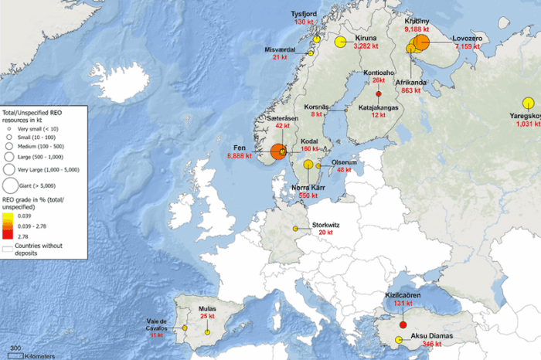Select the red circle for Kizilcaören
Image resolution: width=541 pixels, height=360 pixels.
tap(403, 324)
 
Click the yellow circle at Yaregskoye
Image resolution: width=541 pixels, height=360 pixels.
tap(528, 103)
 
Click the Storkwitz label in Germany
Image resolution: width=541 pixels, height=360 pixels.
tap(325, 225)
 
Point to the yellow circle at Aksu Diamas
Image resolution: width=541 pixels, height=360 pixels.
tap(399, 340)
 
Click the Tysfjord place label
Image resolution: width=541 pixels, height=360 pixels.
tap(303, 13)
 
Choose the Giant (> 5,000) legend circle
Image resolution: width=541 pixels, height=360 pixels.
tap(12, 185)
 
